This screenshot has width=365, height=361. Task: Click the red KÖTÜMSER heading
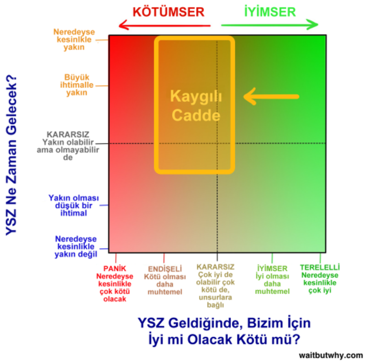point(169,12)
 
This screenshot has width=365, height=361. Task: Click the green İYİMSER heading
point(270,12)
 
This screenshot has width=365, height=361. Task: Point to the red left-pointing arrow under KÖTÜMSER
point(164,26)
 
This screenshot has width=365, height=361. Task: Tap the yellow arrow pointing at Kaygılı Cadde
point(272,96)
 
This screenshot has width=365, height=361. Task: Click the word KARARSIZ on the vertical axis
point(68,134)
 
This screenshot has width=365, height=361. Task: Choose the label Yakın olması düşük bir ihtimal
point(74,205)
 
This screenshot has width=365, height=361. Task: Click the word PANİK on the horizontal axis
point(115,268)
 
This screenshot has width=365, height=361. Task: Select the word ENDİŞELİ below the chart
point(165,268)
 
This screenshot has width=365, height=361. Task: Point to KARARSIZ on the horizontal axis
point(215,268)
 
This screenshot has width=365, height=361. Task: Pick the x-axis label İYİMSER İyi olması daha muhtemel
point(272,279)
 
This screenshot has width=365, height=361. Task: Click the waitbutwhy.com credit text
point(330,355)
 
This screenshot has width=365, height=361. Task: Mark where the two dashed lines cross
point(217,143)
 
